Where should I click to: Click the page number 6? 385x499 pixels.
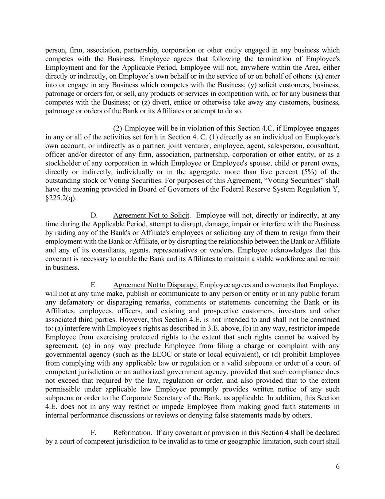pos(338,466)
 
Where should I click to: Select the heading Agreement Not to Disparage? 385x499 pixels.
pos(155,285)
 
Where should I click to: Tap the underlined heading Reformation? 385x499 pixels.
pos(131,433)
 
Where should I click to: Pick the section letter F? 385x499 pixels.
pos(93,433)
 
